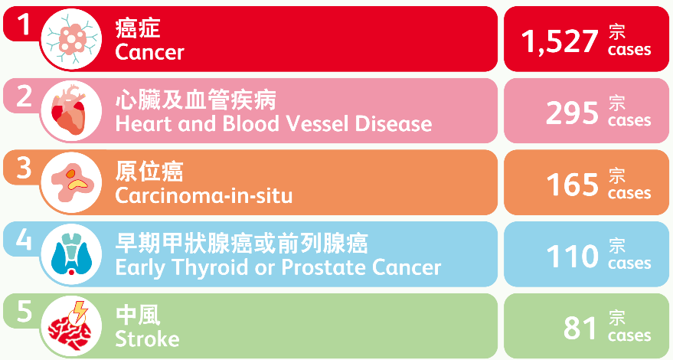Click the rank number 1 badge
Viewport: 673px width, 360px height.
(24, 25)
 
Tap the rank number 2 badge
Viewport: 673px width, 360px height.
(24, 97)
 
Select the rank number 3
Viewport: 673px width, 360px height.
(24, 168)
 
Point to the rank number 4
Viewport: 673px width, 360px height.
(24, 240)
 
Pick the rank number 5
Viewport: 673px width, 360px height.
(24, 312)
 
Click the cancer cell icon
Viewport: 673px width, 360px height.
(71, 39)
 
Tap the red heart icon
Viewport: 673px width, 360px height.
(70, 111)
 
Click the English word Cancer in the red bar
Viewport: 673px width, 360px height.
(149, 52)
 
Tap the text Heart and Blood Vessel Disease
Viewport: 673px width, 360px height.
(273, 123)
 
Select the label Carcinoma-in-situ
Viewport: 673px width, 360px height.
(204, 195)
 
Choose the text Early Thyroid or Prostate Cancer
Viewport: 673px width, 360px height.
(278, 267)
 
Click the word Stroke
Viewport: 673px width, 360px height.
(147, 339)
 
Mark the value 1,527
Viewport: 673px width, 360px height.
(559, 41)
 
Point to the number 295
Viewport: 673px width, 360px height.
(572, 113)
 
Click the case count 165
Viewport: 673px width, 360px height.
(572, 185)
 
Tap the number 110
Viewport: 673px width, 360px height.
(572, 257)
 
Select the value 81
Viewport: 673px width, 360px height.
(580, 329)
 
